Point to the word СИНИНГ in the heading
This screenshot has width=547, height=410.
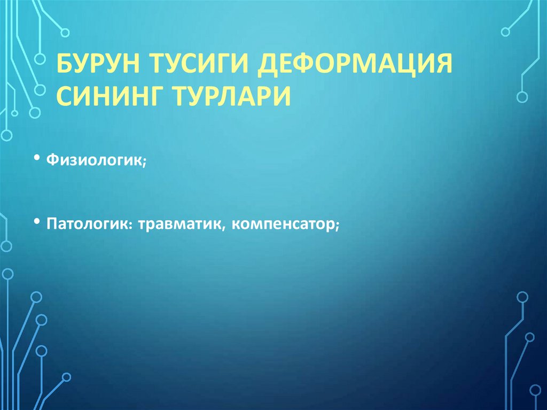pyautogui.click(x=112, y=97)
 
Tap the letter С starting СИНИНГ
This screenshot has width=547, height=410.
pyautogui.click(x=65, y=97)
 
